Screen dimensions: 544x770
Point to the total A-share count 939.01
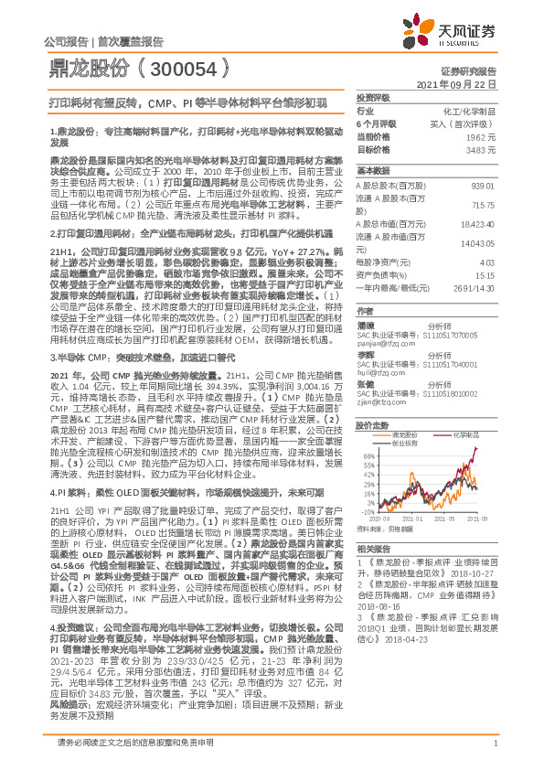pyautogui.click(x=483, y=186)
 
